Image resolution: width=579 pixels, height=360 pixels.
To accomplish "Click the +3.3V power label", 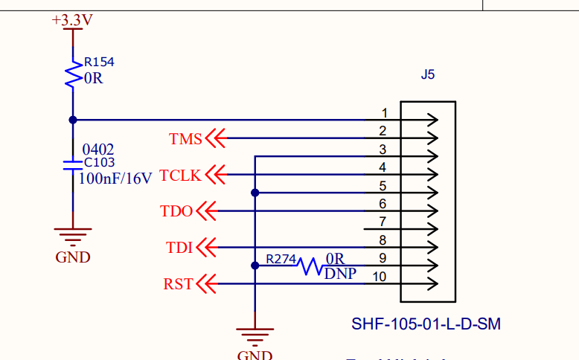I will click(x=72, y=20).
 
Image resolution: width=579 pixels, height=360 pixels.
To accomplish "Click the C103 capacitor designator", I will click(x=100, y=162).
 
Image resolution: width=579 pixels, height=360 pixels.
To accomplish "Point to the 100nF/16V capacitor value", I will click(x=115, y=178).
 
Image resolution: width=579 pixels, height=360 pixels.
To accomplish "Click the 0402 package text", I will click(x=98, y=150).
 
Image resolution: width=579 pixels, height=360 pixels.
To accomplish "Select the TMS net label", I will click(x=185, y=138).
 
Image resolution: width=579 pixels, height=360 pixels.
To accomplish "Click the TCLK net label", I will click(x=180, y=175).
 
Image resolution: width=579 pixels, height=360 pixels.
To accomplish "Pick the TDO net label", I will click(x=176, y=211).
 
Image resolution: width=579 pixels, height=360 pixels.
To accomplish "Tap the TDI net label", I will click(x=179, y=247).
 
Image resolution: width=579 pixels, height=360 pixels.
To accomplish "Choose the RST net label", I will click(x=178, y=283).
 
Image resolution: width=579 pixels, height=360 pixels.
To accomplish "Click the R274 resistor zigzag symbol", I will click(x=311, y=266).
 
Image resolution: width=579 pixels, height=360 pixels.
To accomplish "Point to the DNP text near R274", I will click(x=340, y=274).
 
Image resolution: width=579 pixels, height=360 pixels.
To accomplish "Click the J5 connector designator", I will click(x=427, y=75).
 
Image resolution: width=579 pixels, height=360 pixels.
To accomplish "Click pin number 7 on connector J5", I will click(x=383, y=222).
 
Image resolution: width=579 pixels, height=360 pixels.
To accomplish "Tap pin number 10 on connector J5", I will click(x=380, y=277).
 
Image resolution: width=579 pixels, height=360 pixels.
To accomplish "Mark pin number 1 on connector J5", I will click(x=384, y=113).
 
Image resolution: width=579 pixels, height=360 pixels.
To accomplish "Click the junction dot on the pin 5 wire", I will click(x=255, y=193).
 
